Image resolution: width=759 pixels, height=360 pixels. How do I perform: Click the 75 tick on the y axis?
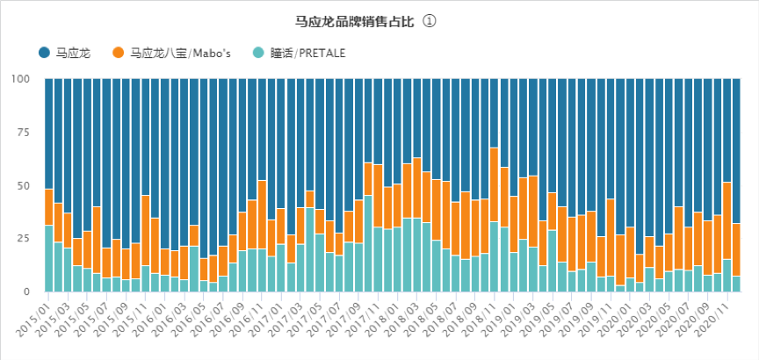(25, 133)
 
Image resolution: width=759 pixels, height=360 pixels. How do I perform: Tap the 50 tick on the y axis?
(25, 185)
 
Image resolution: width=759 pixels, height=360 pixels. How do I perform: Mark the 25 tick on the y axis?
(25, 238)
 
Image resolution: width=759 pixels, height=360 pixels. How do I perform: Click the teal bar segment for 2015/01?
(49, 258)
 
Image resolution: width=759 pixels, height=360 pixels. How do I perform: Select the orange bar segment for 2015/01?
(49, 207)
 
